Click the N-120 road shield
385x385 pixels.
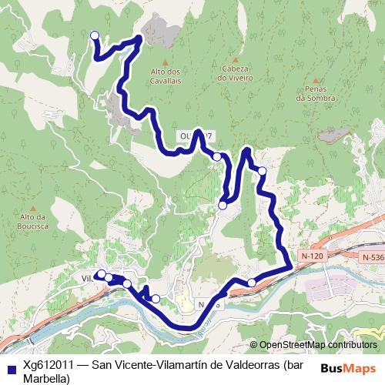click(312, 255)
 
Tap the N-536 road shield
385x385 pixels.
click(373, 257)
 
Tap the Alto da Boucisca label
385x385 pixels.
click(35, 222)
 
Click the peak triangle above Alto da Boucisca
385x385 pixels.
click(34, 206)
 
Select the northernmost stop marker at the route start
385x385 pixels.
click(95, 35)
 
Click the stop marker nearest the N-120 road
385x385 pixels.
click(251, 283)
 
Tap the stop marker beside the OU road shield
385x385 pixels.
click(217, 156)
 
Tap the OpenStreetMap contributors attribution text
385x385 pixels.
click(317, 345)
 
